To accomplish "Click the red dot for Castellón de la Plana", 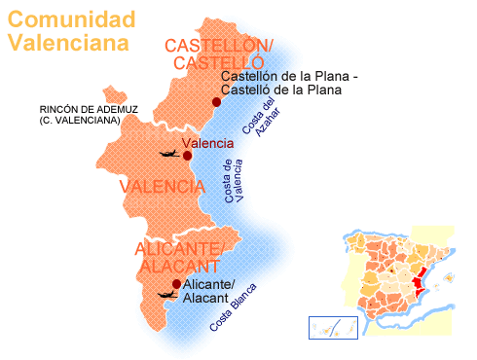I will [216, 102].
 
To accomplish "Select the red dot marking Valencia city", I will [187, 156].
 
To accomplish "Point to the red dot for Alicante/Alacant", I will [176, 284].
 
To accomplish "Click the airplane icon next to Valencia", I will [166, 154].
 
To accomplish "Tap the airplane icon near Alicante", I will [163, 293].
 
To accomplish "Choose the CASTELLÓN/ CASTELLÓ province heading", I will [219, 54].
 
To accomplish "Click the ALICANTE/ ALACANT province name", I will [179, 257].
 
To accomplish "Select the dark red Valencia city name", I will [214, 144].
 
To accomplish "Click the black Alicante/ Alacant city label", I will [207, 291].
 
